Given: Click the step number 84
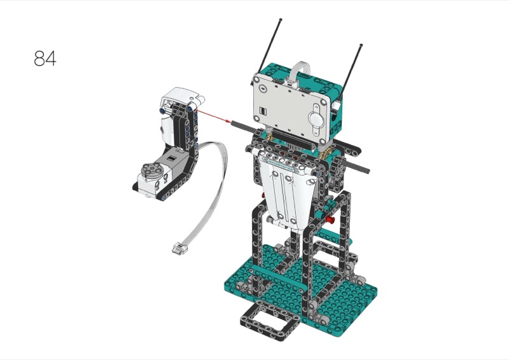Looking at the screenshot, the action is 45,58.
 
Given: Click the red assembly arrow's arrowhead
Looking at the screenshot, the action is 228,121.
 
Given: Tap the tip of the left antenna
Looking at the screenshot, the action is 281,20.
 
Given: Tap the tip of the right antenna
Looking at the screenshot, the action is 361,45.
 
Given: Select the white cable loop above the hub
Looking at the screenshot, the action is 300,70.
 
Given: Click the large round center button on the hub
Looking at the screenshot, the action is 314,119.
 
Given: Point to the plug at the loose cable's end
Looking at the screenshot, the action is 178,248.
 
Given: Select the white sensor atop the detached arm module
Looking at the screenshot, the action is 183,97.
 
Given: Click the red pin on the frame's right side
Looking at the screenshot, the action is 330,221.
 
